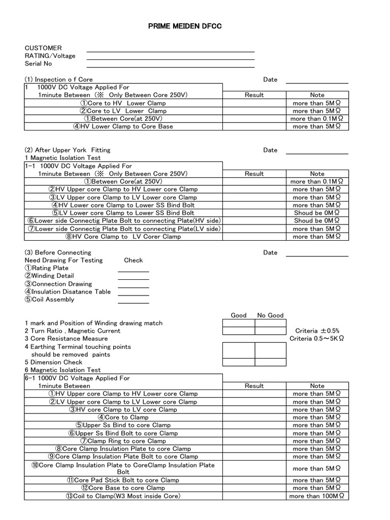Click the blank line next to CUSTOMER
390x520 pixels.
coord(170,51)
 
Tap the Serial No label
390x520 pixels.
coord(39,64)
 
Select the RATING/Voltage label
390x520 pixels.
coord(50,56)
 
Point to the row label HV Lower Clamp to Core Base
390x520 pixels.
coord(123,126)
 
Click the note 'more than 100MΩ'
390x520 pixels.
coord(317,496)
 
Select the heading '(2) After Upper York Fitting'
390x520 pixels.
coord(68,150)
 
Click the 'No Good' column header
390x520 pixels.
coord(270,315)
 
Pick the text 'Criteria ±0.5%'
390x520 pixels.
coord(317,331)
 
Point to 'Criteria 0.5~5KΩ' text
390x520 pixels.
coord(317,339)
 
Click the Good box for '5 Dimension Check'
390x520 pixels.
coord(239,363)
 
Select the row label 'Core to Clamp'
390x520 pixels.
coord(123,417)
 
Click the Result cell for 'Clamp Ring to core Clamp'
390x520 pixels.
coord(254,441)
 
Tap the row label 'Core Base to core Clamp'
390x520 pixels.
coord(123,488)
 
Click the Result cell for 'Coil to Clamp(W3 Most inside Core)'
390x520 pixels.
coord(254,496)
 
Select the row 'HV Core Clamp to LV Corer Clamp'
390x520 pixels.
coord(123,237)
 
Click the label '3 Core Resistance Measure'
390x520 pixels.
coord(66,339)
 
